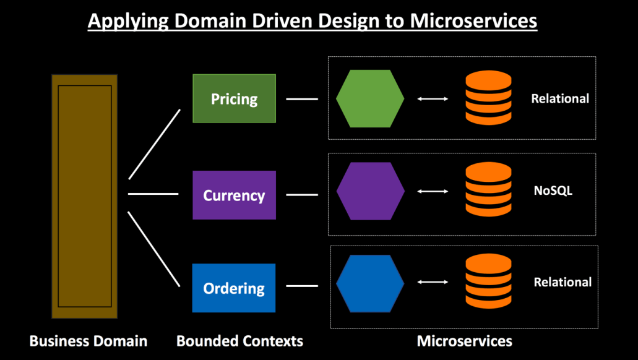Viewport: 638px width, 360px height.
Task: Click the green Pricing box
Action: click(234, 98)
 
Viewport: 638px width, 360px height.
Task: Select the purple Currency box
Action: click(234, 195)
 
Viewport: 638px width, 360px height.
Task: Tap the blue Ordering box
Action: click(234, 288)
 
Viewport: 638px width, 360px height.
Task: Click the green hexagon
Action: click(370, 98)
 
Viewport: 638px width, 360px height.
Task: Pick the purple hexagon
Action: click(370, 191)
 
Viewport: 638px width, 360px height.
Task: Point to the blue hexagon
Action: click(370, 283)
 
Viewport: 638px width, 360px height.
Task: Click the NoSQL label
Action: click(553, 191)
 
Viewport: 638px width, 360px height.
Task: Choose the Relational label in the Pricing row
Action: click(560, 98)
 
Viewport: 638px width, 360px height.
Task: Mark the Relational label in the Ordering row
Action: click(563, 282)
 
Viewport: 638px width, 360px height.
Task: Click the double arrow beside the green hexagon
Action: click(433, 98)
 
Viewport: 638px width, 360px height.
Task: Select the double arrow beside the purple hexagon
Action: click(433, 191)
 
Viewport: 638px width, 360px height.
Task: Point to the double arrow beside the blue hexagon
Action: click(433, 282)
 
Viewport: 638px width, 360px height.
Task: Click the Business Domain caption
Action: click(88, 341)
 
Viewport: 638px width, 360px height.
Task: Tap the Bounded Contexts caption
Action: click(239, 341)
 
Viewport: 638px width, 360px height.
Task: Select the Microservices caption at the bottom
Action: click(464, 341)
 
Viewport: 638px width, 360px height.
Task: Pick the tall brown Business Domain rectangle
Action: click(85, 196)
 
